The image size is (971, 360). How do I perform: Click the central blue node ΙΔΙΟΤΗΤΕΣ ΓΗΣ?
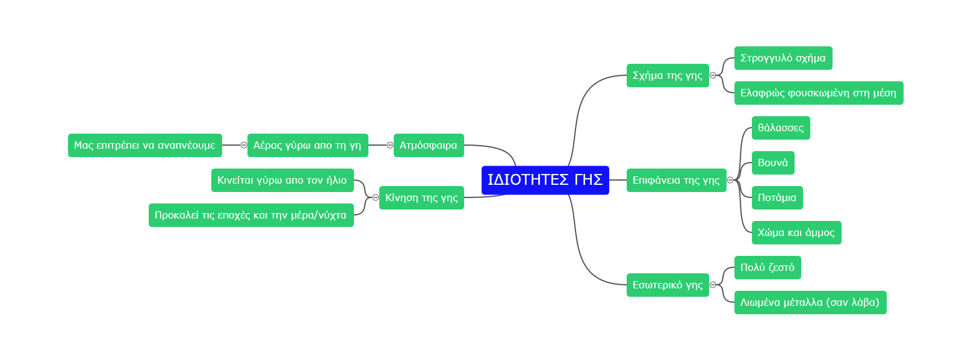point(545,180)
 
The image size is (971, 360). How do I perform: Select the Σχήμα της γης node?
point(667,75)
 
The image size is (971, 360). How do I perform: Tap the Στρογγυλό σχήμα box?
point(783,58)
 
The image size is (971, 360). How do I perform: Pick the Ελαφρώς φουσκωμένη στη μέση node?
point(818,93)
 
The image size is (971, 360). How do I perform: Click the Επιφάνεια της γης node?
point(675,180)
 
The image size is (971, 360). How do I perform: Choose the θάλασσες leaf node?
point(780,128)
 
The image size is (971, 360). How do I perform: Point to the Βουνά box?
point(772,163)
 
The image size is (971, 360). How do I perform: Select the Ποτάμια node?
point(777,197)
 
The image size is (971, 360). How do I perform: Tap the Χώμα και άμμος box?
point(796,232)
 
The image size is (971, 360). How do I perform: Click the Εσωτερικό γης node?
point(667,285)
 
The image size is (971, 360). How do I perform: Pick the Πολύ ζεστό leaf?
point(767,267)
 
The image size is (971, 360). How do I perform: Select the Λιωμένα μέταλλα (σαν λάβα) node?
point(810,302)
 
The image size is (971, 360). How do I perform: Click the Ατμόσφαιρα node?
point(428,145)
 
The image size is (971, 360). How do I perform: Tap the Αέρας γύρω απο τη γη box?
point(307,145)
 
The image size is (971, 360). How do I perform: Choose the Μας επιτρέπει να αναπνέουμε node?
point(144,145)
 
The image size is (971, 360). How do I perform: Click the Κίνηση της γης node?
point(421,197)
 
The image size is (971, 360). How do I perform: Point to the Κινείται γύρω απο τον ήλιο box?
point(282,180)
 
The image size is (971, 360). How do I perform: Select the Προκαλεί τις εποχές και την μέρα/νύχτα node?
point(250,215)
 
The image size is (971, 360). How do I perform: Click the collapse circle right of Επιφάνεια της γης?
point(730,180)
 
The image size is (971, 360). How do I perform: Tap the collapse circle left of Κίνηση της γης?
point(376,197)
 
